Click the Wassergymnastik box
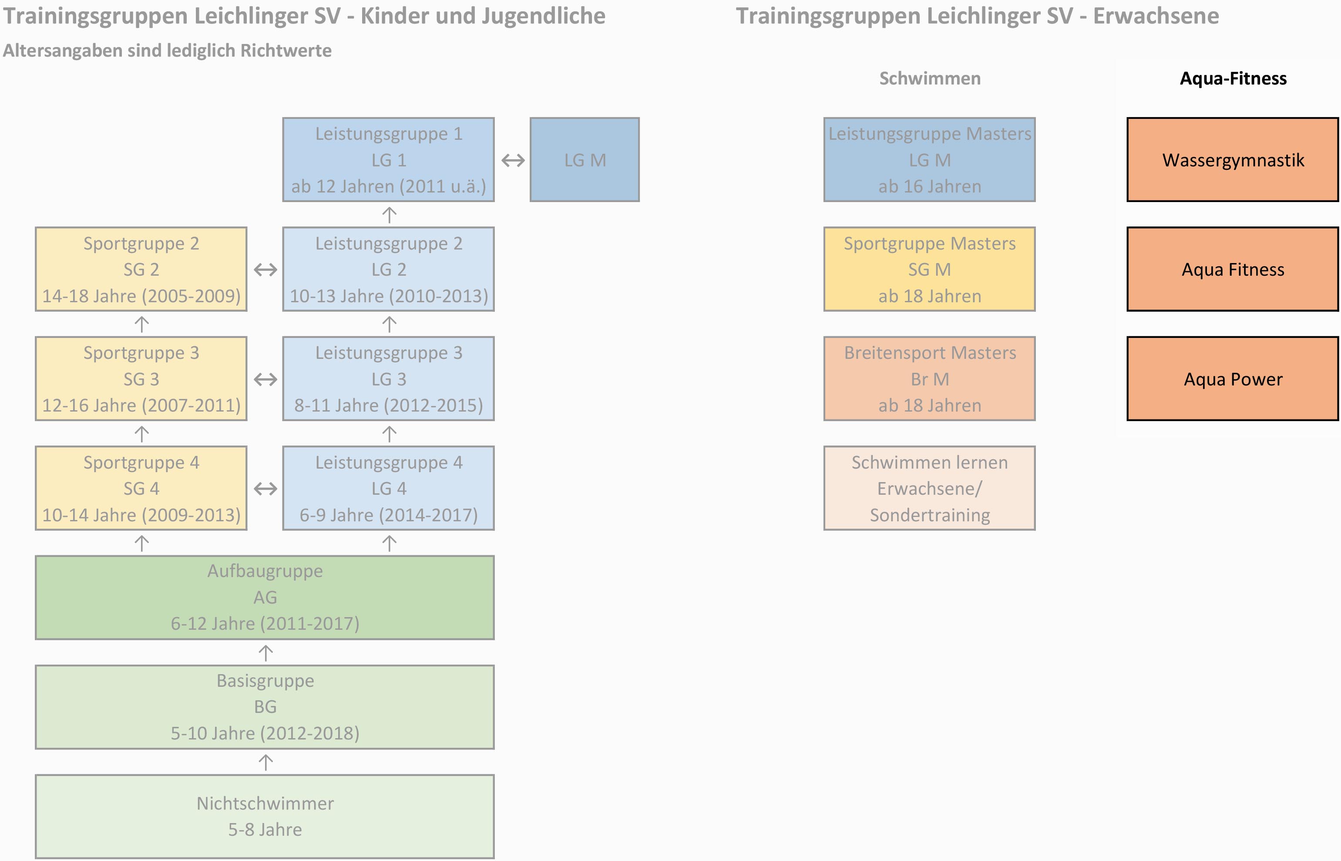(x=1233, y=160)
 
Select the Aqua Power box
(x=1233, y=378)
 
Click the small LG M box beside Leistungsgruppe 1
(x=585, y=160)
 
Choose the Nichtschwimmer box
(x=265, y=816)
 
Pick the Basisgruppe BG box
(x=265, y=707)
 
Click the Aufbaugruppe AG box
(x=265, y=597)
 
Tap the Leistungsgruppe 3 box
(x=388, y=378)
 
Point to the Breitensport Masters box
(x=929, y=378)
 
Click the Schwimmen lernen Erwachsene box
(x=929, y=488)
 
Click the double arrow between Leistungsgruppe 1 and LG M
(x=513, y=160)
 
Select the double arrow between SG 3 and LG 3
(x=266, y=380)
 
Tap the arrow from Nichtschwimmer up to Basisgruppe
(x=266, y=762)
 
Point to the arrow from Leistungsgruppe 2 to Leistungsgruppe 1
(x=389, y=215)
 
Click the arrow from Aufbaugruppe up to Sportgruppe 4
(x=142, y=543)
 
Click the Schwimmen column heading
(x=930, y=78)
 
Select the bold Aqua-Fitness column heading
(x=1233, y=78)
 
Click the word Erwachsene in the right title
(x=1156, y=16)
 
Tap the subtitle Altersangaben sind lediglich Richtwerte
(x=167, y=51)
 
